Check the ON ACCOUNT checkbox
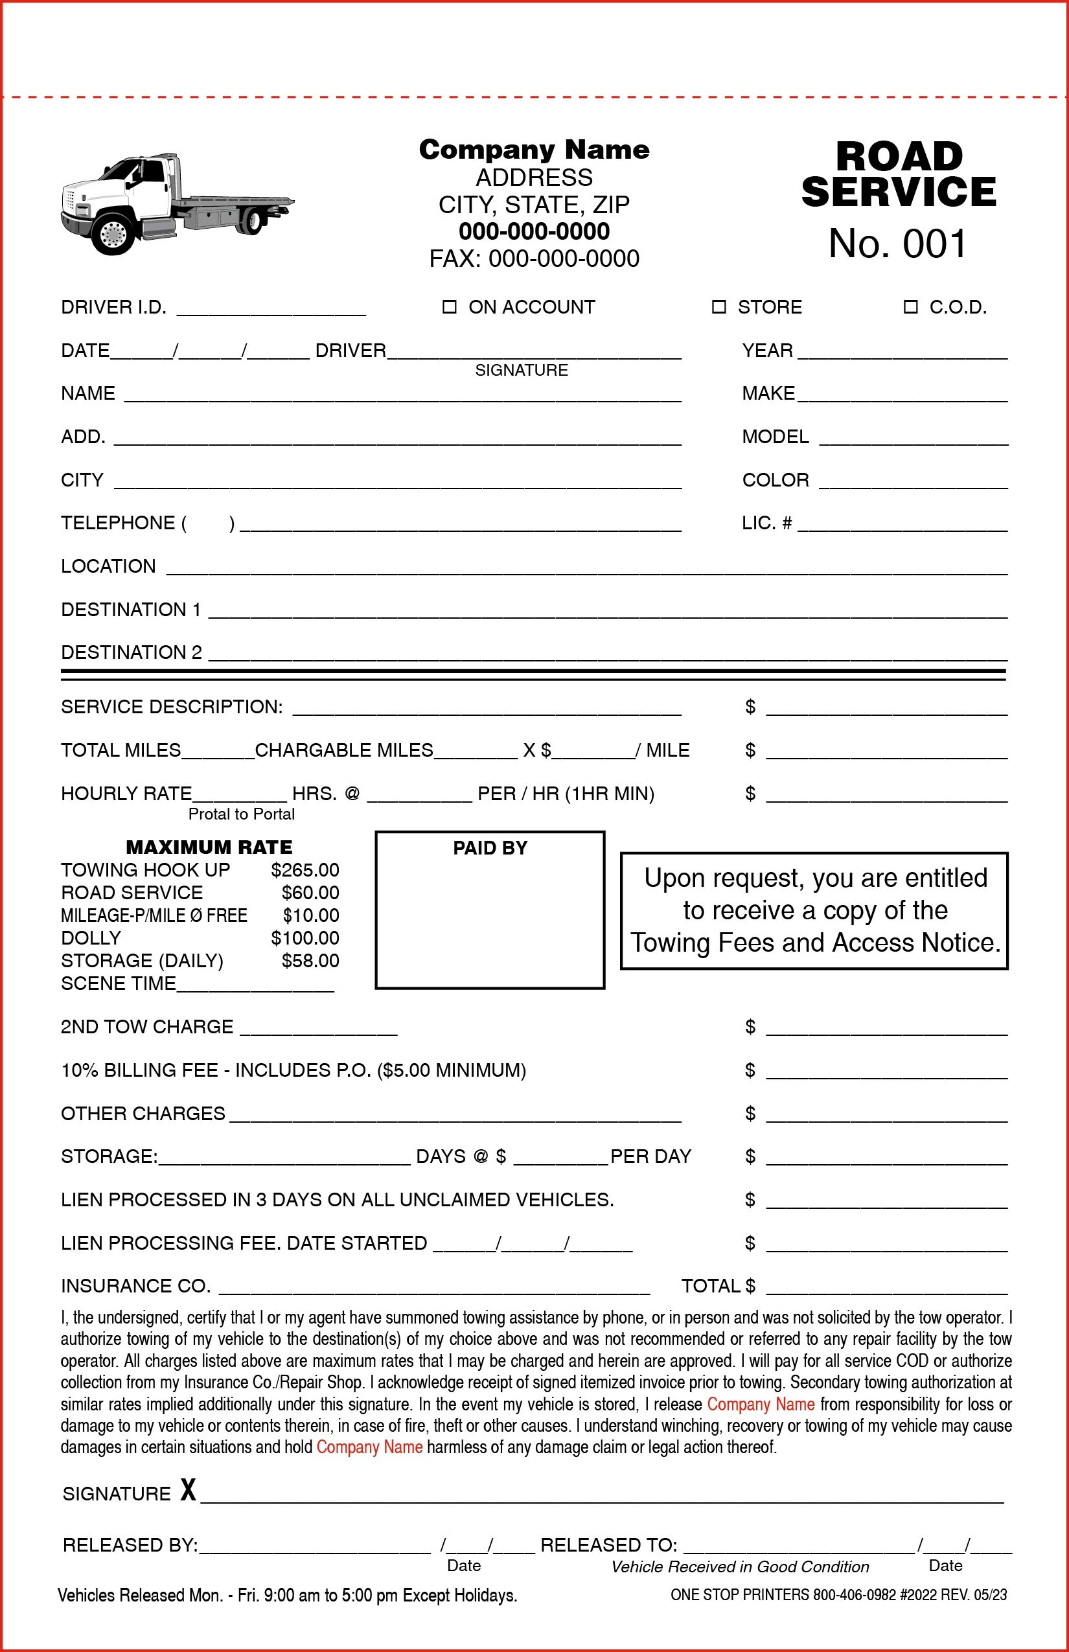pos(449,307)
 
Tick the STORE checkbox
pos(718,307)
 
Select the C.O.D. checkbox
pos(910,307)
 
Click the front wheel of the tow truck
pos(113,234)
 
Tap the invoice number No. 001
pos(897,244)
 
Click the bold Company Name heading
pos(534,149)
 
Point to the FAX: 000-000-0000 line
pos(534,259)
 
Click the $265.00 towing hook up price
pos(305,869)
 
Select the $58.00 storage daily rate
pos(310,961)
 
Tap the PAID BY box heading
pos(490,847)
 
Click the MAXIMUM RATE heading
pos(209,847)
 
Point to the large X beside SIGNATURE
pos(188,1489)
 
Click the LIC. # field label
pos(766,523)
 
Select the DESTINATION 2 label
pos(131,652)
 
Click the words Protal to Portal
pos(242,814)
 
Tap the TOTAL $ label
pos(718,1286)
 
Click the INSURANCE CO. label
pos(135,1286)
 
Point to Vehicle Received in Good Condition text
pos(739,1566)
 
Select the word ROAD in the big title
pos(899,157)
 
